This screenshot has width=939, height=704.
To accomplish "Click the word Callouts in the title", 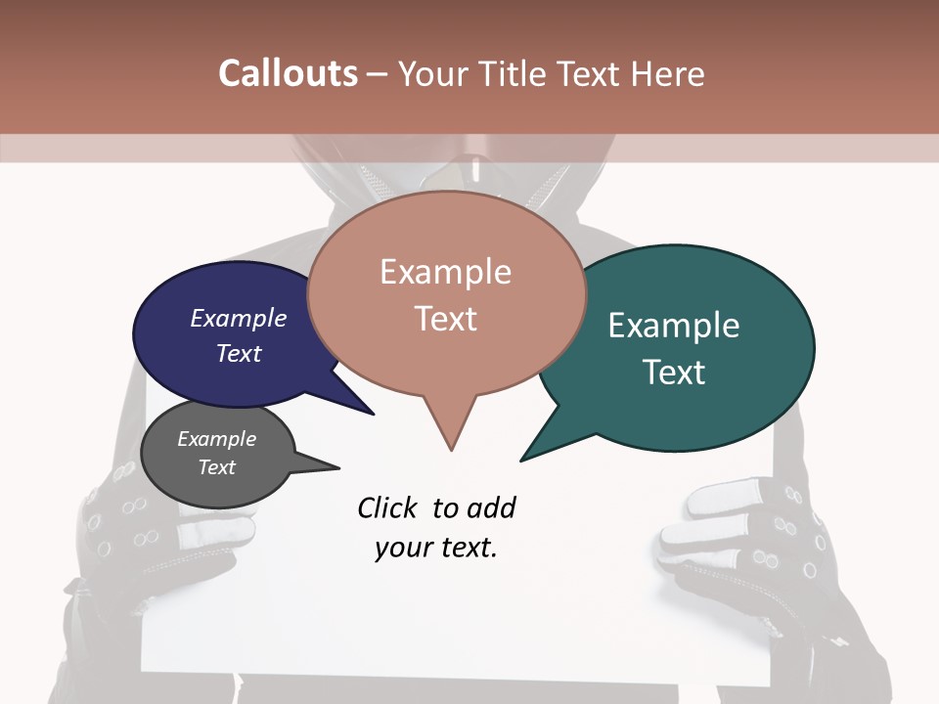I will [288, 73].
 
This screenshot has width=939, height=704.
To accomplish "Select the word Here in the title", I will [664, 73].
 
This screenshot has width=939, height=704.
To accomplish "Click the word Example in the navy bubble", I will [238, 318].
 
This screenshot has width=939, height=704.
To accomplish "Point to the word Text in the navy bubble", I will [238, 353].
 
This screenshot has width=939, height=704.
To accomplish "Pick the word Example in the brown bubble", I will [445, 272].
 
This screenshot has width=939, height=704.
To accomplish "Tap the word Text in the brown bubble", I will [445, 319].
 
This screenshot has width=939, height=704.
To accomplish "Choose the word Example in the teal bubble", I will [673, 326].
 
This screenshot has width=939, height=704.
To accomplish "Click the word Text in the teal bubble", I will [673, 373].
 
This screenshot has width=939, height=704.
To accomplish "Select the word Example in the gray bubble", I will [216, 439].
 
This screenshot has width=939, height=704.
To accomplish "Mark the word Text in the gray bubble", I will [216, 467].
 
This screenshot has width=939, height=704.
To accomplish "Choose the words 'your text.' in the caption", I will [435, 549].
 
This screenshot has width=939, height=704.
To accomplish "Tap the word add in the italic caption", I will [491, 508].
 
